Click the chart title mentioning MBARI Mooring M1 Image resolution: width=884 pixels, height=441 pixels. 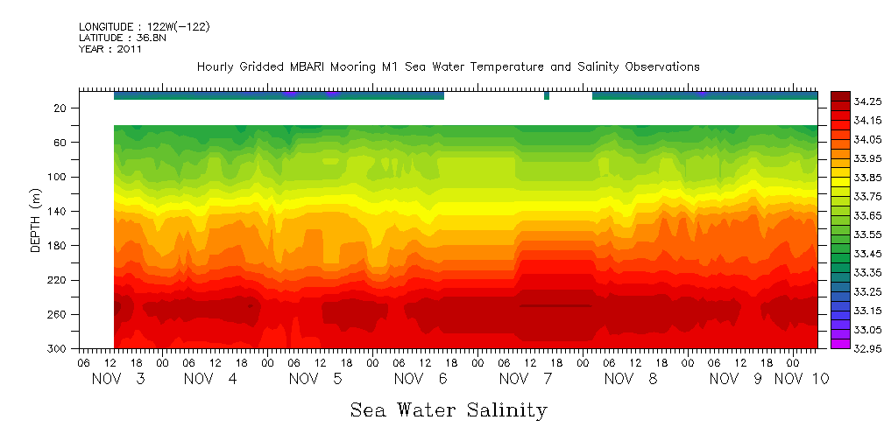click(x=448, y=66)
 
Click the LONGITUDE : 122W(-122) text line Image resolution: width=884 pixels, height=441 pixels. click(x=144, y=27)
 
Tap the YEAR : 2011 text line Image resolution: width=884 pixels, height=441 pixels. click(x=110, y=50)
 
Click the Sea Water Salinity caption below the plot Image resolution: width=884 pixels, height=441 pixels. click(x=449, y=409)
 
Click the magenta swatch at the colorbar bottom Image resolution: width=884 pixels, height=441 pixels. click(x=840, y=343)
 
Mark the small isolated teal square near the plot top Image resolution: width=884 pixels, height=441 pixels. click(x=547, y=95)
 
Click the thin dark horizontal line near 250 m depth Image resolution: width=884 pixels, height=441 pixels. click(x=556, y=305)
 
